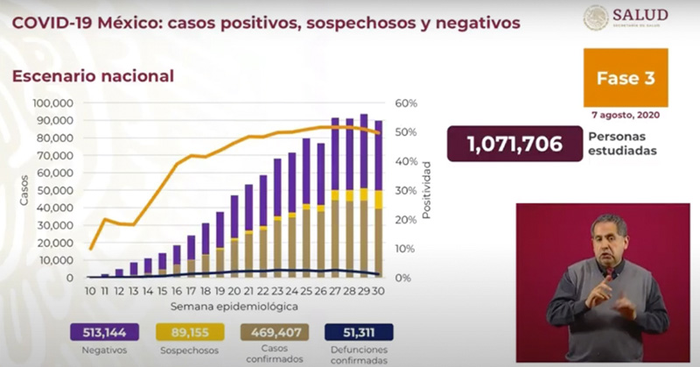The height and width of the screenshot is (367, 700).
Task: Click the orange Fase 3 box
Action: (x=625, y=78)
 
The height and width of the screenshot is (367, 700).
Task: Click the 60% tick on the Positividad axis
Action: (x=407, y=103)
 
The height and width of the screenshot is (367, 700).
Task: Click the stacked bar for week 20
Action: (x=234, y=236)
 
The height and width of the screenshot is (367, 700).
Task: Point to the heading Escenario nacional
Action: (x=92, y=76)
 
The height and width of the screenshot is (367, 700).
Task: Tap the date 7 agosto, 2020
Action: (x=625, y=116)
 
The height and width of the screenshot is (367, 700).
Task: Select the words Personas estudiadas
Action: (x=623, y=145)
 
